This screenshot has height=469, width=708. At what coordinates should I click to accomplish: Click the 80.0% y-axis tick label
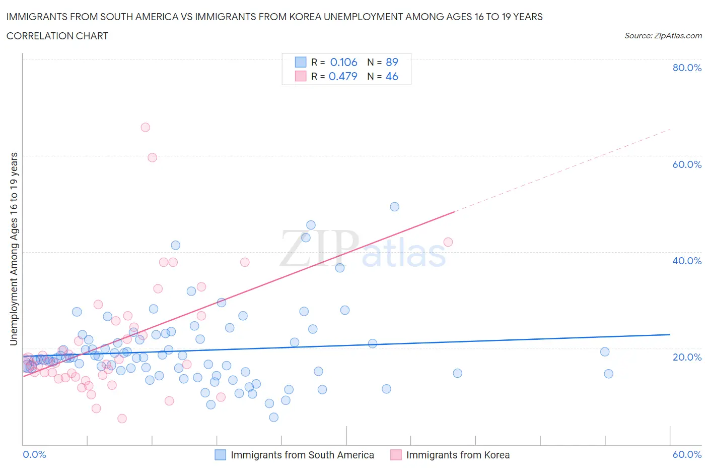687,68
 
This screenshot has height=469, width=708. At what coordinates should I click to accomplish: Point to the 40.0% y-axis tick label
687,261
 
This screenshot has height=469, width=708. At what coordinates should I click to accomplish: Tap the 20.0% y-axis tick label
687,357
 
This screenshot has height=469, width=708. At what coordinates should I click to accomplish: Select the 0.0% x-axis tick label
34,454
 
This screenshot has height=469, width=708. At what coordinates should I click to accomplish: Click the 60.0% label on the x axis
687,454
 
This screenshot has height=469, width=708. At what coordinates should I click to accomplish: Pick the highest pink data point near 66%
145,127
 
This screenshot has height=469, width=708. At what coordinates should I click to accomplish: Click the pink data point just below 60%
152,158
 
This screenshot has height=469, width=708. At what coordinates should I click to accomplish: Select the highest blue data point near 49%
395,207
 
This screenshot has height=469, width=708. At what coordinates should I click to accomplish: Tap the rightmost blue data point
608,374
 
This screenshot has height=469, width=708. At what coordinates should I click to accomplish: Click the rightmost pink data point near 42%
448,242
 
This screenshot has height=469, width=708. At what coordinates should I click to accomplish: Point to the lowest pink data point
122,419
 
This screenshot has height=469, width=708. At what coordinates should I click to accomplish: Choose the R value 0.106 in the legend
343,62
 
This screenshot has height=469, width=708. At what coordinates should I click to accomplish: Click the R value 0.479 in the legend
343,76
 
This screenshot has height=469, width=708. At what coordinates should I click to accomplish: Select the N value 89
392,62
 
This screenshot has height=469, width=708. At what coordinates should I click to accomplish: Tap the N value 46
392,76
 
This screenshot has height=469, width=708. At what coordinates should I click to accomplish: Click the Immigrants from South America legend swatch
221,455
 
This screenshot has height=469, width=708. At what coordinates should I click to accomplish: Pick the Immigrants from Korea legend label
458,455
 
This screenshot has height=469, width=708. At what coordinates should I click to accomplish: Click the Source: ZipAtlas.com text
663,36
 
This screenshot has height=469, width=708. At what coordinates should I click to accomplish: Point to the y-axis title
14,249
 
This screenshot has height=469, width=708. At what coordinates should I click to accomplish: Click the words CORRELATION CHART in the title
57,36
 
